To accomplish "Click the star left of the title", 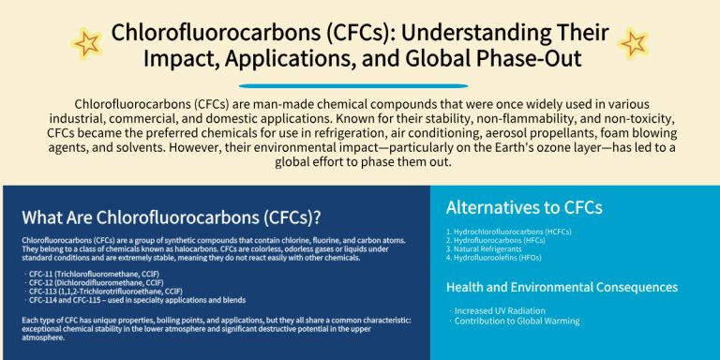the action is coord(87,44).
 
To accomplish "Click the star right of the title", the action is coord(633,44).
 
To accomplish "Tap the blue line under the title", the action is coord(353,86).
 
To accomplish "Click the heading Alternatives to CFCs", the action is coord(524,207).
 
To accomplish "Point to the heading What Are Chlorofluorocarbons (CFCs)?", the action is coord(171,218).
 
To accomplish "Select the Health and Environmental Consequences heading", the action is coord(562,288).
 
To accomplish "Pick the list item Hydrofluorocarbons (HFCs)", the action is coord(495,241).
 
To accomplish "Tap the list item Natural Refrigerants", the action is coord(484,249).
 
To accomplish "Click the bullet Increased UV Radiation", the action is coord(497,311).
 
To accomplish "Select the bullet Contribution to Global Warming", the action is coord(515,321).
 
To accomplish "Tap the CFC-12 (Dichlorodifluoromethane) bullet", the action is coord(93,282).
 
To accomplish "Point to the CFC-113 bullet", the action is coord(103,292).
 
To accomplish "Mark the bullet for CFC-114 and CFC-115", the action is coord(135,300).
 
